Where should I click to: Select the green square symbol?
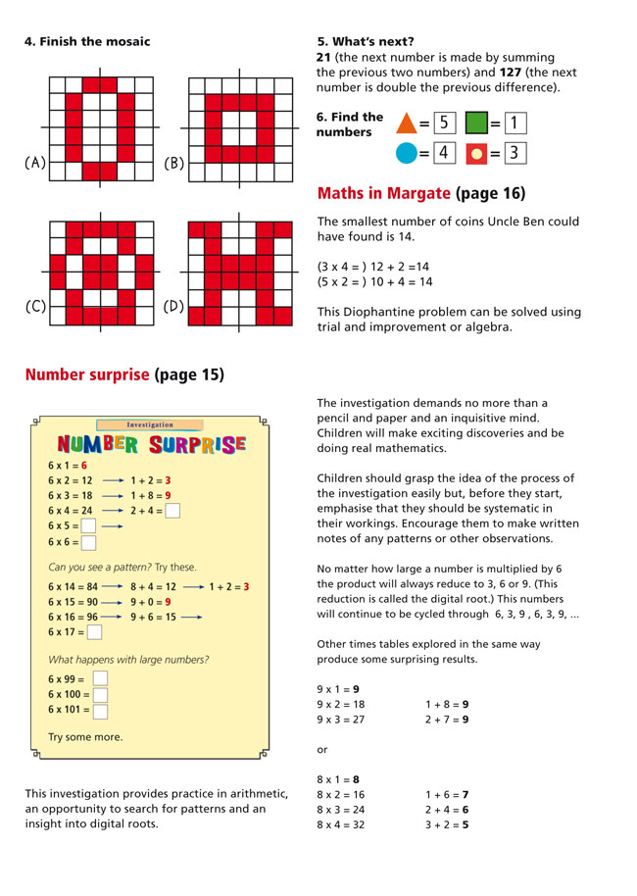pos(476,124)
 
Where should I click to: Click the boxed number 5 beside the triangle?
pos(445,124)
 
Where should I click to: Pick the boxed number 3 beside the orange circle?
pos(516,153)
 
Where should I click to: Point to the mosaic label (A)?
pos(34,164)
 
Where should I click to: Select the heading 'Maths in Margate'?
pos(384,193)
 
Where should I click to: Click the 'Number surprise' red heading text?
pos(87,374)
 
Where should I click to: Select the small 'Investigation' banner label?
pos(150,424)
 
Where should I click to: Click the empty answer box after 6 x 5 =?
pos(89,526)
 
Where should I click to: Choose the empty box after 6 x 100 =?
pos(100,694)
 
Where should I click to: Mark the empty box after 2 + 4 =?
pos(172,511)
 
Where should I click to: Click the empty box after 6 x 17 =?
pos(95,632)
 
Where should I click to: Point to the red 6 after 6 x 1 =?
pos(84,466)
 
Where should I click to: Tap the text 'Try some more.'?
pos(85,736)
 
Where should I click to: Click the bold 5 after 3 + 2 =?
pos(465,824)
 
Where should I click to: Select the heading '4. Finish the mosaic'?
pos(87,41)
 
